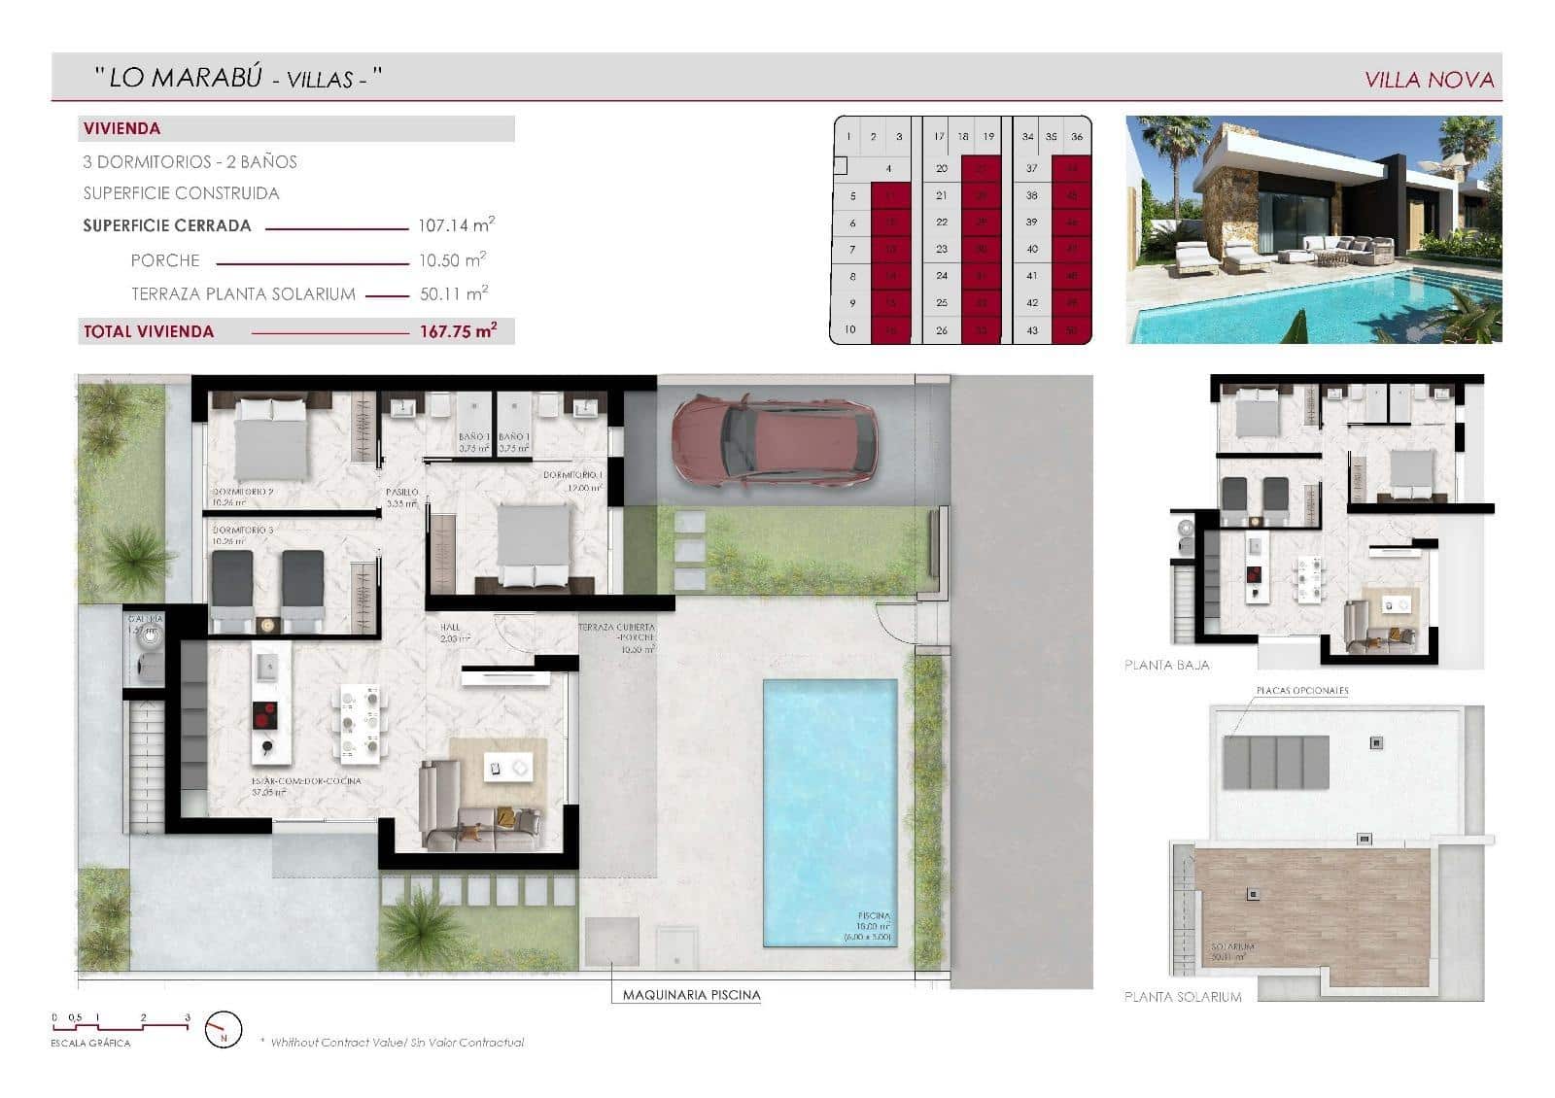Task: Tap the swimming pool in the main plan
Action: point(829,812)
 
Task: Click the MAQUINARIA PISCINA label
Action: point(691,994)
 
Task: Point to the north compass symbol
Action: point(224,1029)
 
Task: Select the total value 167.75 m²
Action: point(458,331)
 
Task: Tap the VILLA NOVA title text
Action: point(1429,80)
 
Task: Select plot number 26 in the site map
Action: point(941,330)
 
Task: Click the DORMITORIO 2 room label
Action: point(243,492)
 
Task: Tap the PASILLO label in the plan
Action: point(401,492)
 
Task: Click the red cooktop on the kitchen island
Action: point(263,716)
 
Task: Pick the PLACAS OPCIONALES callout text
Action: point(1302,691)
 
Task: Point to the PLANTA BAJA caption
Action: point(1166,666)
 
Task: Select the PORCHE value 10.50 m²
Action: point(451,260)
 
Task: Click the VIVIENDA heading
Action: point(122,128)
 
